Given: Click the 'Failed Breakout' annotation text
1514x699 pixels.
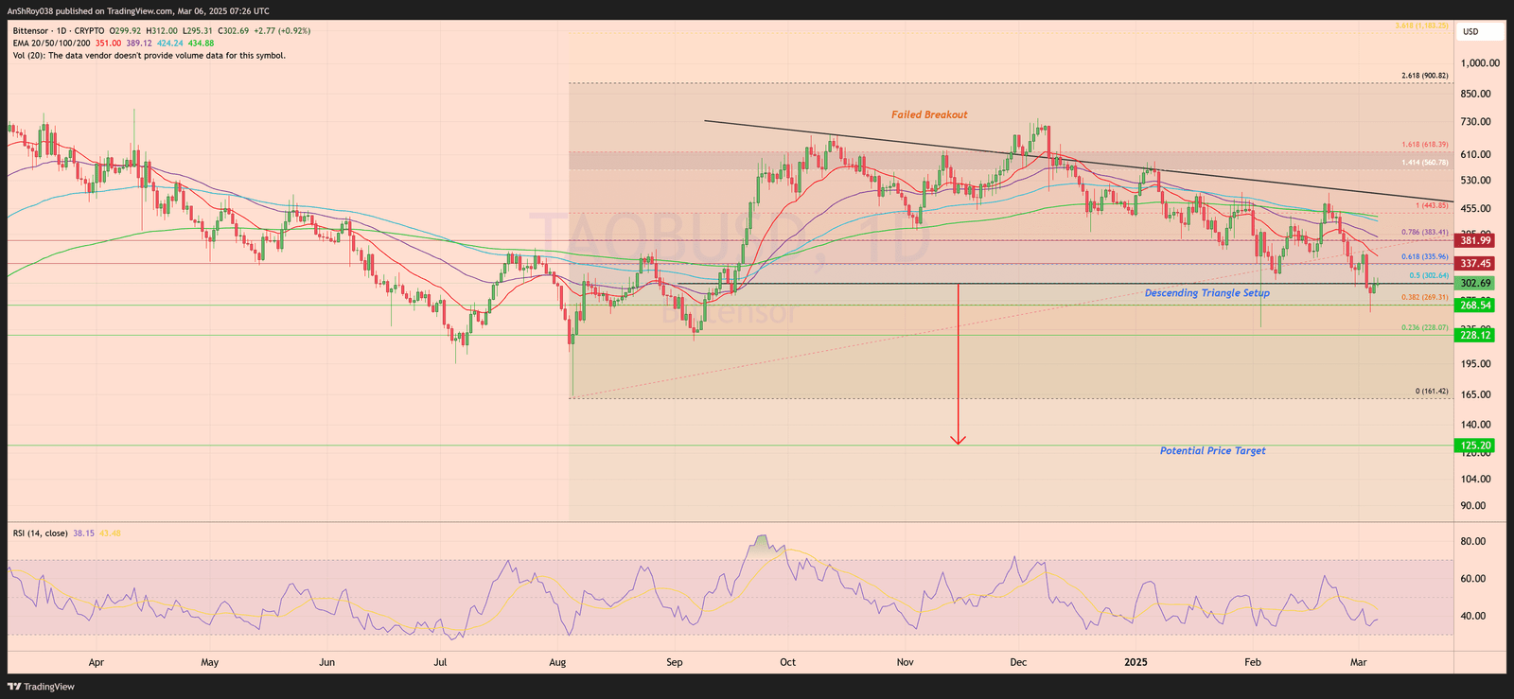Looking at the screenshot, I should (x=928, y=114).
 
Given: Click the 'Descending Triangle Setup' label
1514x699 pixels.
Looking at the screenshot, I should (x=1206, y=293).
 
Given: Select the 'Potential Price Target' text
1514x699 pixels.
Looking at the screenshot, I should (x=1212, y=451).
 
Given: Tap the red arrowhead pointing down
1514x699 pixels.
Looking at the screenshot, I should (x=959, y=439).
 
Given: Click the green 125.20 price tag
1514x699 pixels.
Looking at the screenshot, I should (x=1474, y=446).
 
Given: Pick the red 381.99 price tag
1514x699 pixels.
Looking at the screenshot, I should (x=1474, y=241).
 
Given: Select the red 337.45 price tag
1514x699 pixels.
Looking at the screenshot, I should (x=1474, y=264).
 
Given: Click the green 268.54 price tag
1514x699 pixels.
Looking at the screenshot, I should (x=1474, y=306).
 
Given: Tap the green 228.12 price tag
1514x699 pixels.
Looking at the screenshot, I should (x=1474, y=336).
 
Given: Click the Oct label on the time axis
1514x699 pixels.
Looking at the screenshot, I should (x=787, y=662).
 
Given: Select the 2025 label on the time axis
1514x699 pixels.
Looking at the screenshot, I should (x=1135, y=662).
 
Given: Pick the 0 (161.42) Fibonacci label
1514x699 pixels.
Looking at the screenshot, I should (x=1431, y=391).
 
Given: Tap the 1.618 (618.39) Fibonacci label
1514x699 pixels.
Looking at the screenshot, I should (x=1424, y=145).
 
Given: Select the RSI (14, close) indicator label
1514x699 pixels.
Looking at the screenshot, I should (x=41, y=533).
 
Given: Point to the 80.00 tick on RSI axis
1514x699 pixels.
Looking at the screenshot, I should (x=1472, y=542).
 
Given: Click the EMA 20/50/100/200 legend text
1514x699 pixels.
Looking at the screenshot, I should (x=52, y=44).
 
